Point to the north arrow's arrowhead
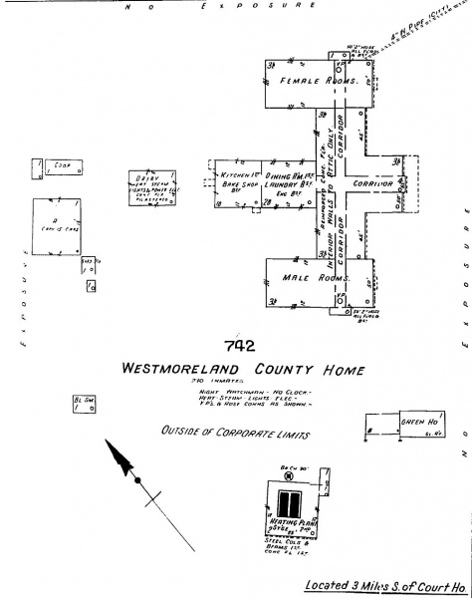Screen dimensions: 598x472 (x=122, y=458)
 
